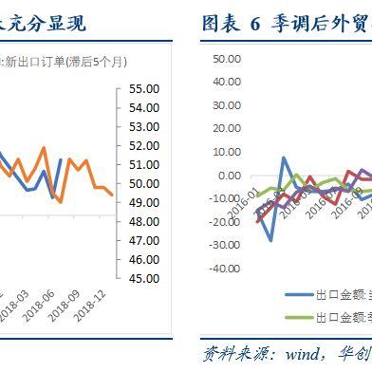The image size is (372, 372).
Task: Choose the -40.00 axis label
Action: [x=225, y=269]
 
